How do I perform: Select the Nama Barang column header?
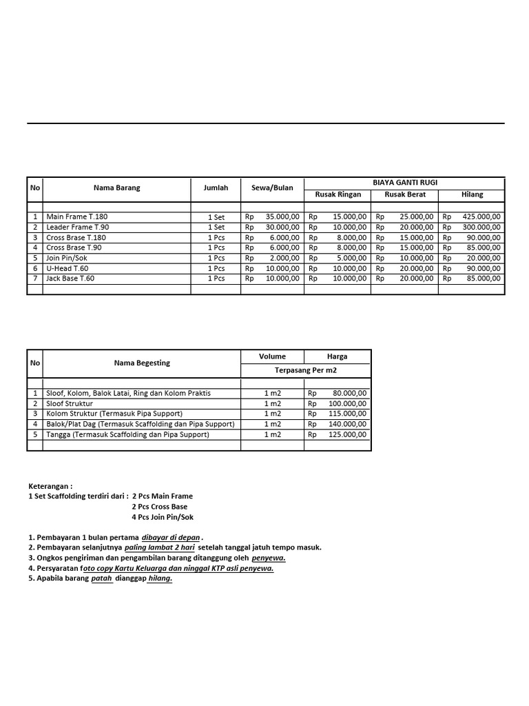116,188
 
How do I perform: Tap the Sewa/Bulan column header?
272,188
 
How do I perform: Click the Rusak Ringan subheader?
338,195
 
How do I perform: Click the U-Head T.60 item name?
67,268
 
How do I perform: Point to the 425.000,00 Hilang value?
482,216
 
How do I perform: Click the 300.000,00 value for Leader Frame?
482,227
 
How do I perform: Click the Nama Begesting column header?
142,363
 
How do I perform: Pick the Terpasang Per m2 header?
305,371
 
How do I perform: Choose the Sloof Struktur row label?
70,403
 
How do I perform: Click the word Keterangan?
50,486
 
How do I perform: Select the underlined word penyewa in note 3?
269,558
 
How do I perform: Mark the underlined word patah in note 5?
101,579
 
